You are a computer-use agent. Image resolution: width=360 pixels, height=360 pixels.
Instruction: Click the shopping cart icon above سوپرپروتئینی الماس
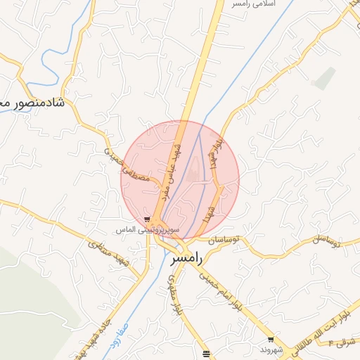146,219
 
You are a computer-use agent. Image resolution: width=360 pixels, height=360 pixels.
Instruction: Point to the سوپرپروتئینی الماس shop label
148,230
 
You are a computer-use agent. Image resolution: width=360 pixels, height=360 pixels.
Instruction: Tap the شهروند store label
271,349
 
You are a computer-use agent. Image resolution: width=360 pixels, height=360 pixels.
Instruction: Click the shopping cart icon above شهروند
271,340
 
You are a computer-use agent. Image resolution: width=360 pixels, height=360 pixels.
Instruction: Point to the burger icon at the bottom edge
205,354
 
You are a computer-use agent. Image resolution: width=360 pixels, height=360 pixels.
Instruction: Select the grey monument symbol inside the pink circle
195,168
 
